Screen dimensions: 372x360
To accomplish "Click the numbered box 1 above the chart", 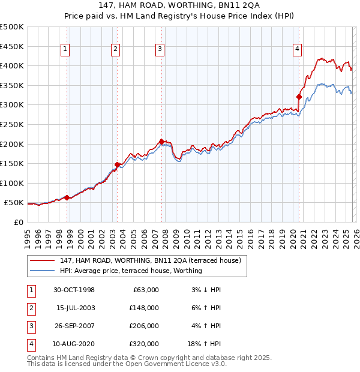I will point(65,50).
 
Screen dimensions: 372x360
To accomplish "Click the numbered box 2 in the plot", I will point(115,50).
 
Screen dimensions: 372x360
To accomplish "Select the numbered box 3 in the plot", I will point(160,50).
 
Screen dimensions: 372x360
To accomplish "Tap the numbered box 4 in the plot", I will point(297,50).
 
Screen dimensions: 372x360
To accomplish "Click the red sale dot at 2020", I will point(299,97).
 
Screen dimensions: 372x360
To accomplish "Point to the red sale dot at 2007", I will point(162,142).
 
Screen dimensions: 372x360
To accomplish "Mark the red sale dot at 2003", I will point(117,164).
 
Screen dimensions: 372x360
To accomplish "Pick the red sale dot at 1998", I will point(67,197).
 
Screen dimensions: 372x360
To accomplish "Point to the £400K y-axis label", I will point(13,65).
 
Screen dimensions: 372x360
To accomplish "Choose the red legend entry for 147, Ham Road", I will point(150,260).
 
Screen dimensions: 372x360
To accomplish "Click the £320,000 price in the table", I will point(144,344).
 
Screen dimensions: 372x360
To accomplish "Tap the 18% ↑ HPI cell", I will point(203,344).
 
